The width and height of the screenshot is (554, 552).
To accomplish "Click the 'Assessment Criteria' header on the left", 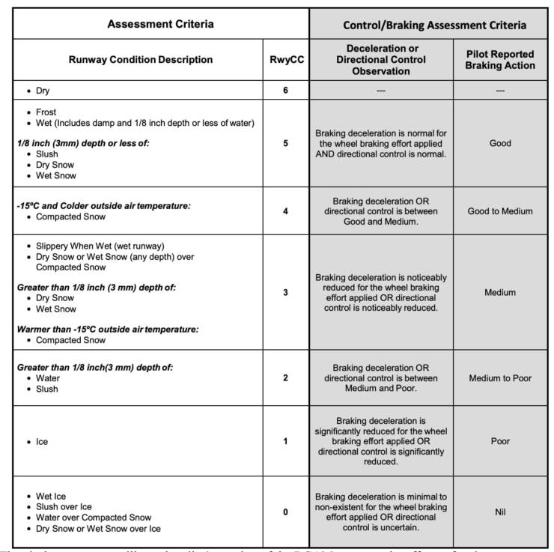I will pos(160,24).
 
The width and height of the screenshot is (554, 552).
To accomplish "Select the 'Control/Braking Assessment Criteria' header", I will pos(434,25).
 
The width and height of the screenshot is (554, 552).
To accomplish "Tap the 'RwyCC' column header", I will pos(285,60).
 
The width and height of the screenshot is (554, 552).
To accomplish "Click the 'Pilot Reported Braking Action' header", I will pos(500,60).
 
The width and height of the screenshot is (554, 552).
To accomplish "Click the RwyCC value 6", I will pos(285,91).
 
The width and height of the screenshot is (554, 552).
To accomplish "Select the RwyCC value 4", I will pos(285,210).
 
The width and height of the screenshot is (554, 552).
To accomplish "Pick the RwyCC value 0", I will pos(285,512).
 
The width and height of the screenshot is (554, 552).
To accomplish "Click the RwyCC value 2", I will pos(285,377).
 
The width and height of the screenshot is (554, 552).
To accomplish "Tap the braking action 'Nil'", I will pos(500,512).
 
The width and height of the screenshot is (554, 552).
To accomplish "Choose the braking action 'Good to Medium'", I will pos(500,211).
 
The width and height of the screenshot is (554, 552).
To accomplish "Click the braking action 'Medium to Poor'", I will pos(500,378).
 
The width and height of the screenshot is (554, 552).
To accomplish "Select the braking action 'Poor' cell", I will pos(500,441).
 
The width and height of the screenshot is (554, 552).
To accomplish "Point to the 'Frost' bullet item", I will pos(46,112).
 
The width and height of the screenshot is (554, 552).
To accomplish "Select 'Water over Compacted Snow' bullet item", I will pos(93,518).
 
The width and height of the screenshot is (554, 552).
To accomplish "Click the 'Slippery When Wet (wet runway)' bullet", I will pos(101,246).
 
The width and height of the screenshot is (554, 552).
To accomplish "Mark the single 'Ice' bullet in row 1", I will pos(42,442).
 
